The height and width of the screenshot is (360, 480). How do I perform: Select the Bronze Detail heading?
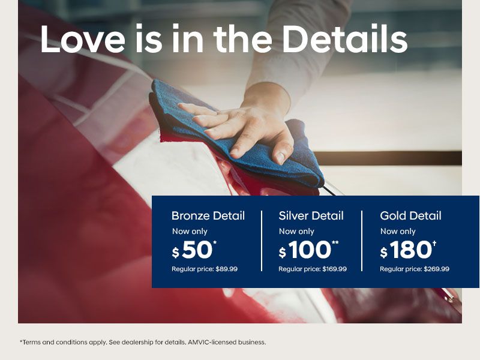pyautogui.click(x=208, y=216)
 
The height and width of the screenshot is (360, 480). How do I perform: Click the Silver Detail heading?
pyautogui.click(x=311, y=216)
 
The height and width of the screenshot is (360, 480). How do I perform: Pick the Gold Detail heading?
pyautogui.click(x=410, y=216)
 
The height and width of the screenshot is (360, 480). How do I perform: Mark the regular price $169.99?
pyautogui.click(x=334, y=269)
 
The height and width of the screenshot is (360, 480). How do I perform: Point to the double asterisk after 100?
pyautogui.click(x=335, y=243)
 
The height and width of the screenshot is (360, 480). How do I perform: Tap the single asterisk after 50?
pyautogui.click(x=214, y=243)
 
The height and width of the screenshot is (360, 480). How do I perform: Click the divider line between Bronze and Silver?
pyautogui.click(x=262, y=241)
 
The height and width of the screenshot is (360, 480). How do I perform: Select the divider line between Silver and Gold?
pyautogui.click(x=362, y=241)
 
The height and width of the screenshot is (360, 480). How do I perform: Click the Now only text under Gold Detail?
pyautogui.click(x=398, y=232)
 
